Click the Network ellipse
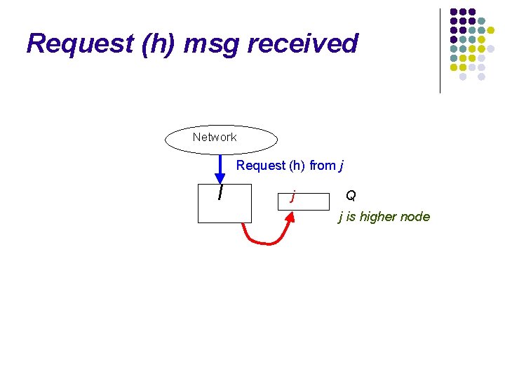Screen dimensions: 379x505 pos(221,138)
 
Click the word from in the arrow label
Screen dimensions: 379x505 pos(323,166)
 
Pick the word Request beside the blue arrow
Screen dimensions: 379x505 pos(260,166)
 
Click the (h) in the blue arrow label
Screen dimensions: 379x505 pos(297,166)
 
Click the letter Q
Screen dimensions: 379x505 pos(351,195)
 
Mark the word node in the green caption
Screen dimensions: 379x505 pos(416,217)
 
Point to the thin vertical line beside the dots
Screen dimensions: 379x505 pos(440,51)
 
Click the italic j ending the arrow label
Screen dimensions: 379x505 pos(342,166)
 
